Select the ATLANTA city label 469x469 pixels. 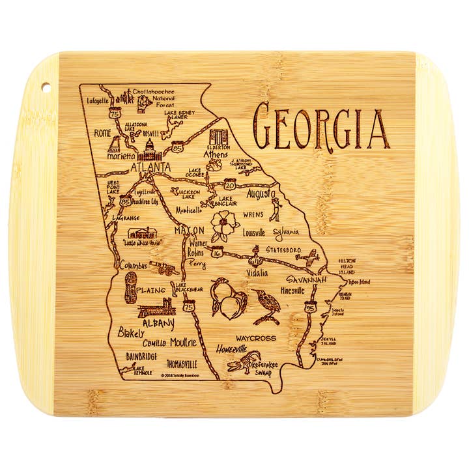point(150,167)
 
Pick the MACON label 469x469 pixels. point(189,231)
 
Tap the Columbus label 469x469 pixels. point(134,266)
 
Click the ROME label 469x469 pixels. point(103,133)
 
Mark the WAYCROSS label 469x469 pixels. point(256,338)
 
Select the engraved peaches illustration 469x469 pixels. point(228,298)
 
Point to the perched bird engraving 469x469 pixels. point(267,305)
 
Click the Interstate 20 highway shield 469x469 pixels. point(229,184)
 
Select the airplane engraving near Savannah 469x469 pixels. point(306,259)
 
